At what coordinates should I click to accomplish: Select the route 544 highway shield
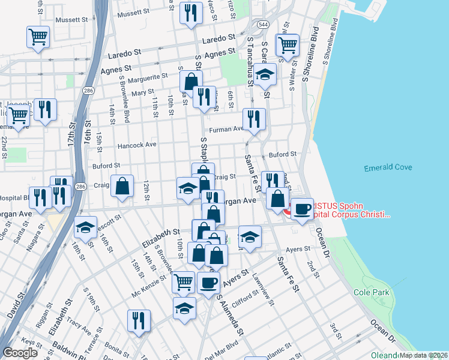264,25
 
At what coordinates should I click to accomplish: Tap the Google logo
20,352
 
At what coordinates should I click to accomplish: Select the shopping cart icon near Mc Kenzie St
183,281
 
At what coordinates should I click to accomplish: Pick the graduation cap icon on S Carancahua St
265,75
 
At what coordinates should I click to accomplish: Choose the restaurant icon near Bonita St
139,320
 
